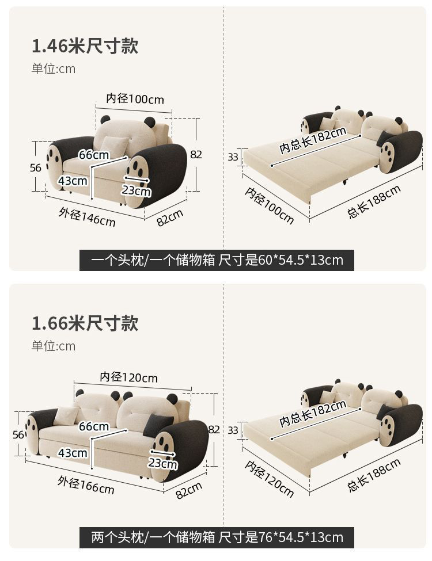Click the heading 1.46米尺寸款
[85, 45]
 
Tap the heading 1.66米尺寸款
[85, 322]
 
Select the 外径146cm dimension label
[86, 217]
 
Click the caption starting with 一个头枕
[217, 260]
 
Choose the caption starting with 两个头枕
[217, 537]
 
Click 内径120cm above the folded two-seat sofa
[128, 377]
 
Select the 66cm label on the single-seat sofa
[94, 155]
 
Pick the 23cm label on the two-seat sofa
[162, 463]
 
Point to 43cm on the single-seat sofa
[73, 181]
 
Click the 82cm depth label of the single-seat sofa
[170, 217]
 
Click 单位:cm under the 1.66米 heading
[53, 346]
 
